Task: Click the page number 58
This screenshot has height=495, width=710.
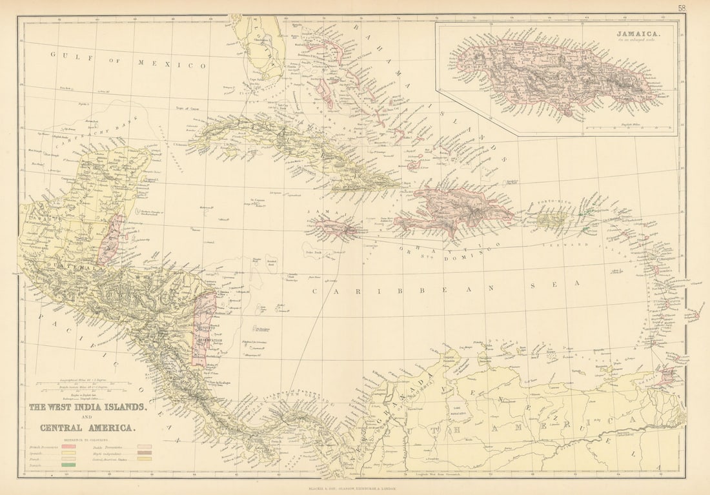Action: [x=682, y=8]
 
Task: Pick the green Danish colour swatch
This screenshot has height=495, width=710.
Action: [x=68, y=464]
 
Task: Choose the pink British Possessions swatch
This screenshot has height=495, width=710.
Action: [x=68, y=446]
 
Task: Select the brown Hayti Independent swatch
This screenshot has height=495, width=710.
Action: [x=145, y=452]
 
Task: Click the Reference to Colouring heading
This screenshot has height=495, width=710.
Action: [x=87, y=438]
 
